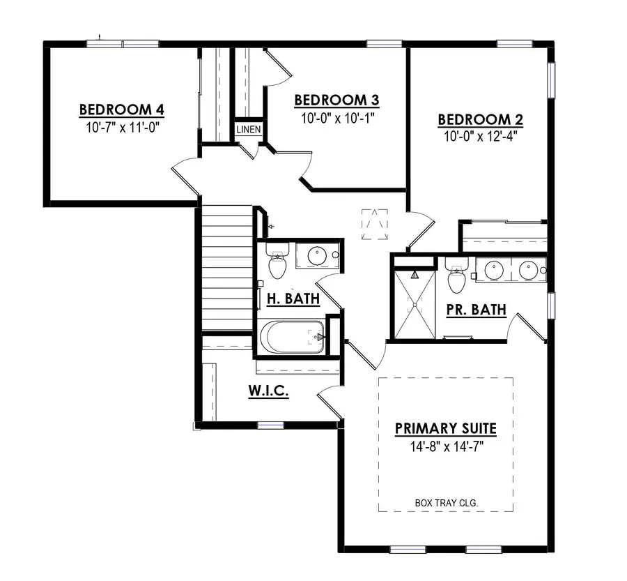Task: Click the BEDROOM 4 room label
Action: pos(121,110)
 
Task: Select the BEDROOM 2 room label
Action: pos(480,120)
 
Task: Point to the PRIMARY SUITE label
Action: pos(446,428)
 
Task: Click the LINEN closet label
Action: pos(249,130)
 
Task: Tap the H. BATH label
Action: pos(293,299)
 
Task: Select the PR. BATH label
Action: pos(477,310)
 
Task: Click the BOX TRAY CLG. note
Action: pos(446,501)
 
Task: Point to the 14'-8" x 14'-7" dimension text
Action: pos(446,446)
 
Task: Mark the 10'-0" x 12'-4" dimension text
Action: pos(480,137)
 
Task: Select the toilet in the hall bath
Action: pos(277,263)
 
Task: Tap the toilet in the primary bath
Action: pos(456,276)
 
